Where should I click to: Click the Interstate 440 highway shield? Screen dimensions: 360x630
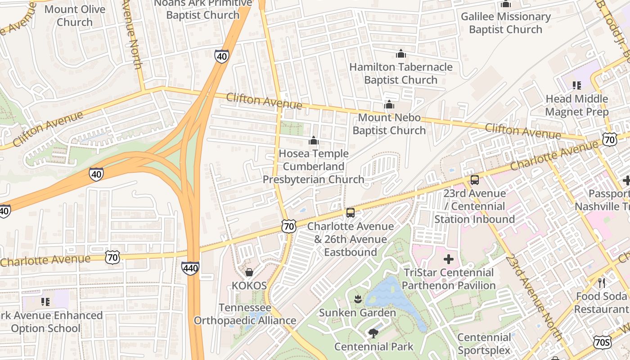click(x=190, y=269)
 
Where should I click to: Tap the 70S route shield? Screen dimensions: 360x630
click(x=602, y=342)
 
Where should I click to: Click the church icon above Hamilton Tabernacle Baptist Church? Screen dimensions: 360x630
click(x=400, y=54)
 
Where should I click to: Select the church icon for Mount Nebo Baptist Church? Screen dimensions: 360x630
click(x=389, y=105)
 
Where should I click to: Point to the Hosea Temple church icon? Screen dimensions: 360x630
click(x=314, y=140)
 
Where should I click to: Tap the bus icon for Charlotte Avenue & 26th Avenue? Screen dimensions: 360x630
click(x=351, y=213)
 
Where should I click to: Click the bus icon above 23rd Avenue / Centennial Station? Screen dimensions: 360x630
click(x=474, y=180)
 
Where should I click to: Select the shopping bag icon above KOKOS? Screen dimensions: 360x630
click(x=249, y=272)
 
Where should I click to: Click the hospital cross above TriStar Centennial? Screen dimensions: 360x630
click(x=449, y=259)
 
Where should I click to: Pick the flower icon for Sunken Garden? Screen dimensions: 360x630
click(x=358, y=299)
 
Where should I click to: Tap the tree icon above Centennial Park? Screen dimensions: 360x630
click(x=373, y=333)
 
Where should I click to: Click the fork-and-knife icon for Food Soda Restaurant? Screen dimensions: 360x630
click(x=602, y=283)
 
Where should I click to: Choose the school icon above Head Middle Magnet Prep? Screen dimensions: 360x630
click(x=576, y=85)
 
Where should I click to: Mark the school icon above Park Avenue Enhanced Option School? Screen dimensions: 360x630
click(x=45, y=301)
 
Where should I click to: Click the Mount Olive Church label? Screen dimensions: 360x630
click(x=75, y=16)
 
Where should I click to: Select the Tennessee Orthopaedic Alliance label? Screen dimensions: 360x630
click(x=245, y=314)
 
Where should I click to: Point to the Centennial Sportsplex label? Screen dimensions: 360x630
click(x=484, y=344)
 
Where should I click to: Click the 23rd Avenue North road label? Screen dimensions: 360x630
click(x=534, y=297)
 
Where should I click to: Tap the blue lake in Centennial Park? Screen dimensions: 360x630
click(x=391, y=297)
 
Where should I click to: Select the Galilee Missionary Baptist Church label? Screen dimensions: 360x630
click(x=505, y=23)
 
